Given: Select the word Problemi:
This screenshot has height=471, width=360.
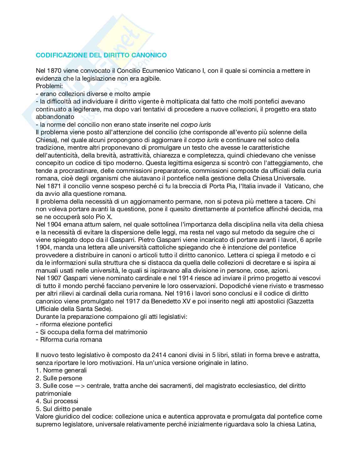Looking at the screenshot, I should [x=49, y=86].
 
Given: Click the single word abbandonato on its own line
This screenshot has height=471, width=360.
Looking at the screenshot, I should [x=55, y=117].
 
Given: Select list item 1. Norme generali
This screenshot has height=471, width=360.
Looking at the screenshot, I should [x=61, y=371].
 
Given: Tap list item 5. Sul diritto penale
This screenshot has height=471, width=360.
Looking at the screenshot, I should [x=64, y=409].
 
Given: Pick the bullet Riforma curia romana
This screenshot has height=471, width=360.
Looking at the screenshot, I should [x=71, y=340].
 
